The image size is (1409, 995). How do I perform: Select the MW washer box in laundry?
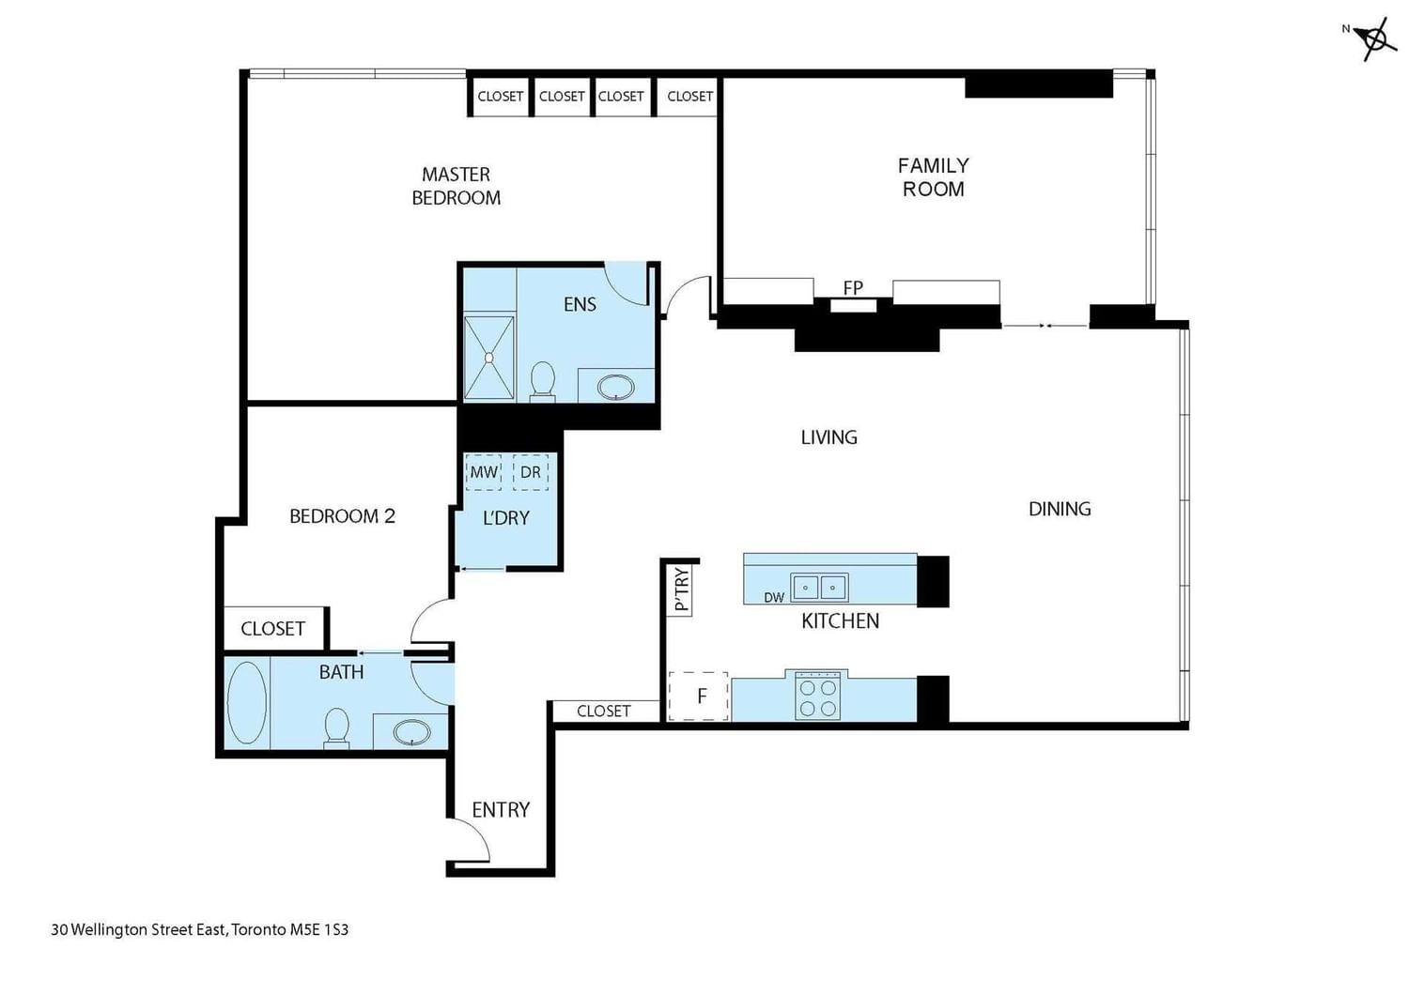(484, 472)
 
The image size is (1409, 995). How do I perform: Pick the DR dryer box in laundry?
(531, 472)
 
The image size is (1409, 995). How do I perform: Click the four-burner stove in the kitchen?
(818, 696)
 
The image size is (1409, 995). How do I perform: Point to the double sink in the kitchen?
(819, 588)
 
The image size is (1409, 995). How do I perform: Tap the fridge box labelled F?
(699, 696)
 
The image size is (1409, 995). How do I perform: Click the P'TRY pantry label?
(682, 589)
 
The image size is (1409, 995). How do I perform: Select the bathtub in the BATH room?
(246, 702)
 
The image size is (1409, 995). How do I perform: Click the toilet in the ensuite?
(542, 381)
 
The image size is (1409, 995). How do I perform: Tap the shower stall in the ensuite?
(488, 358)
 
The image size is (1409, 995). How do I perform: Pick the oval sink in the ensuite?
(616, 387)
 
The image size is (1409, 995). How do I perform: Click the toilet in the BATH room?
(336, 727)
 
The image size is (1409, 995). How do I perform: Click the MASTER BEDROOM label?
(456, 186)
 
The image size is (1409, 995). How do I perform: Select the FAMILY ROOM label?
(934, 177)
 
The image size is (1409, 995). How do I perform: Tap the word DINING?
(1060, 509)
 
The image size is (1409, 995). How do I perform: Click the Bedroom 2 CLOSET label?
(273, 629)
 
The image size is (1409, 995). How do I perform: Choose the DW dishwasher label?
(774, 598)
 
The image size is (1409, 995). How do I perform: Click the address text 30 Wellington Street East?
(138, 929)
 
